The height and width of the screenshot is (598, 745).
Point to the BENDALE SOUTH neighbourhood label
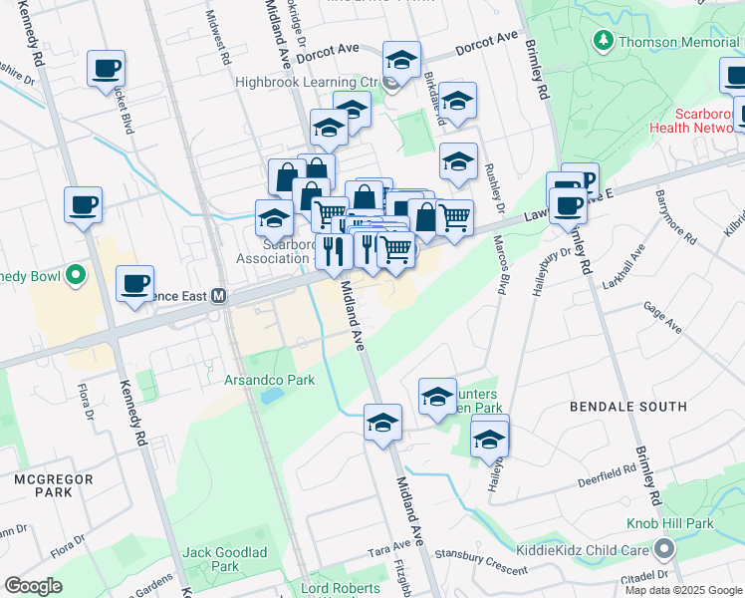[627, 407]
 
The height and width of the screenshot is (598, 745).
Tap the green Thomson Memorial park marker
[603, 42]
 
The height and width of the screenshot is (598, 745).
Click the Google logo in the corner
[33, 586]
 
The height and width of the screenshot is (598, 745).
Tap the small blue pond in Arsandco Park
[270, 395]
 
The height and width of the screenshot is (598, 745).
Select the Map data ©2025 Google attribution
[684, 590]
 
